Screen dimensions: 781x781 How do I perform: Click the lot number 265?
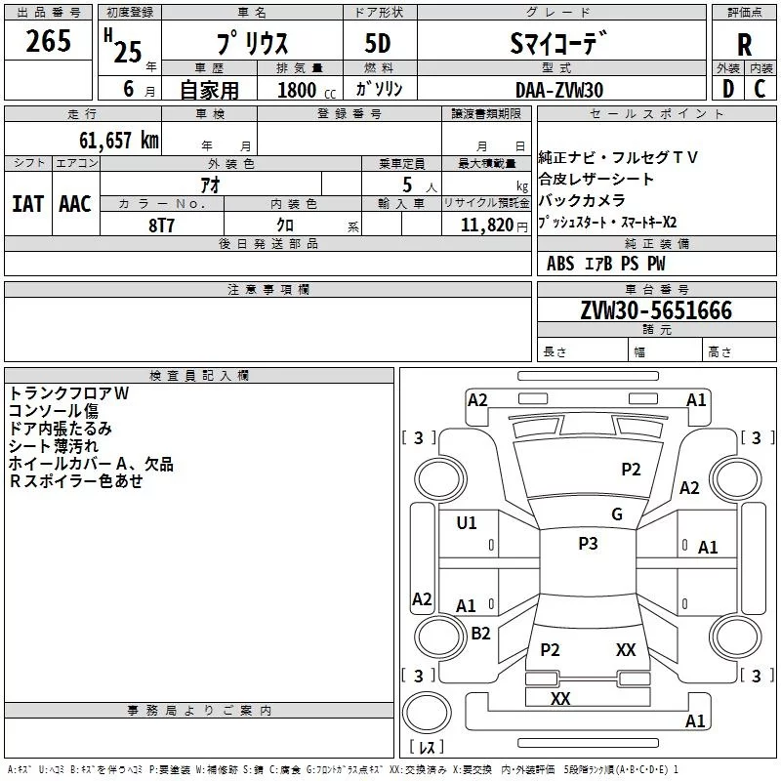click(x=49, y=42)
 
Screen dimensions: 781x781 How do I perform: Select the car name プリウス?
click(x=249, y=45)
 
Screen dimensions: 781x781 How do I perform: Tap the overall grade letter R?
click(x=744, y=45)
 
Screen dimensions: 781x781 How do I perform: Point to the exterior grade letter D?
click(x=727, y=88)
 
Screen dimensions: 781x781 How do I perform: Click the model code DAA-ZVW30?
click(x=559, y=89)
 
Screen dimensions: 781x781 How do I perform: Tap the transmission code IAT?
click(x=27, y=204)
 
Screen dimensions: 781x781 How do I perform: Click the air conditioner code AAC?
click(x=75, y=204)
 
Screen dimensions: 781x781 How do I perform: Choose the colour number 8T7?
click(x=162, y=224)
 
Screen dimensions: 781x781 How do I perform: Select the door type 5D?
click(x=378, y=45)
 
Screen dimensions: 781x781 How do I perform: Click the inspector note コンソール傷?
click(x=54, y=411)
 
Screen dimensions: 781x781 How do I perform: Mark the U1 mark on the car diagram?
click(x=467, y=523)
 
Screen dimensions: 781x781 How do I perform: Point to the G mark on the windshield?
click(x=617, y=514)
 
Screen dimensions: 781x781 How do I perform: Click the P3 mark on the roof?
click(x=588, y=544)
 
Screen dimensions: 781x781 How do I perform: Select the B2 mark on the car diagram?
click(x=480, y=634)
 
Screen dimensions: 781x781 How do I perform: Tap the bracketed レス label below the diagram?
click(x=427, y=748)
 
